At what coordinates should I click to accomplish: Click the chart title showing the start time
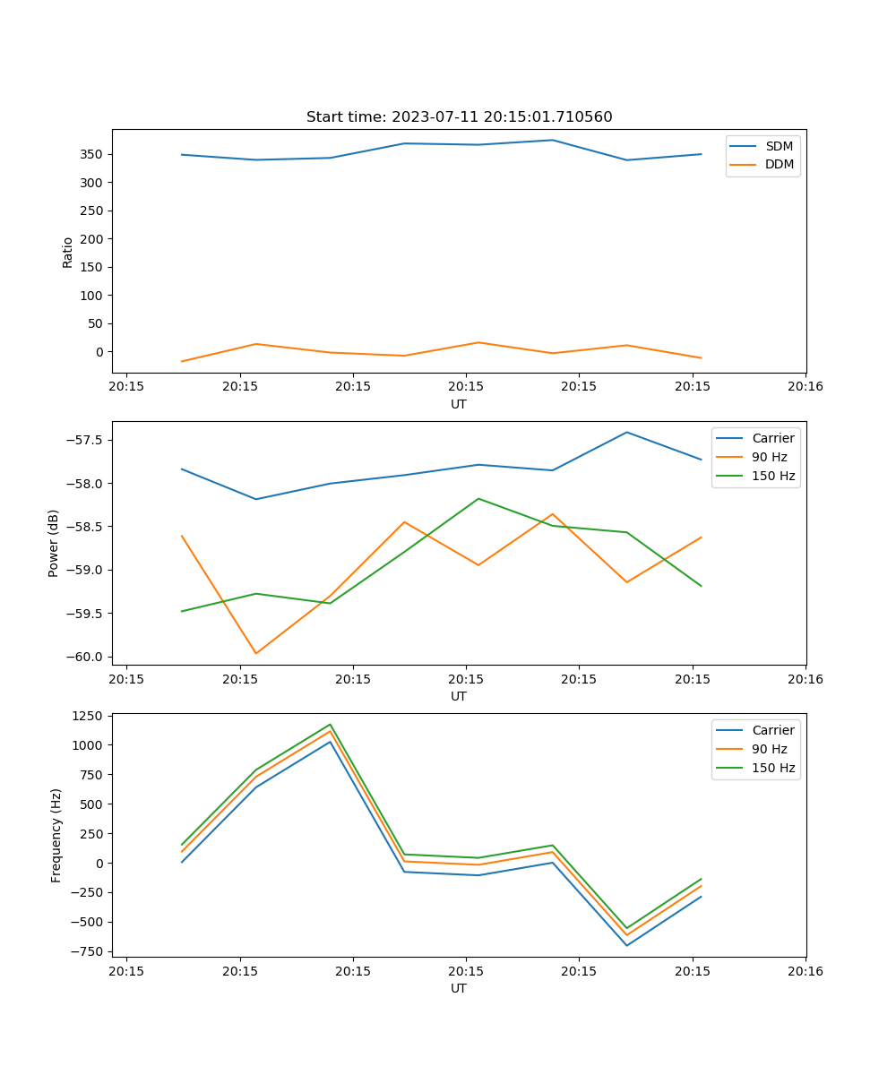click(x=459, y=117)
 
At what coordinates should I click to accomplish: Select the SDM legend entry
click(x=779, y=146)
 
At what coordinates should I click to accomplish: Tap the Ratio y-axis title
click(x=68, y=252)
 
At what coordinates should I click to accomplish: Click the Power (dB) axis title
click(x=54, y=543)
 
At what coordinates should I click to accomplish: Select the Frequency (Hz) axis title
click(x=56, y=835)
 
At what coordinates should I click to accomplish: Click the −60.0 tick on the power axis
click(x=86, y=657)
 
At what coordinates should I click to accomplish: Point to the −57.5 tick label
click(x=86, y=440)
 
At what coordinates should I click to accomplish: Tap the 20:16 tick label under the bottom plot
click(x=805, y=970)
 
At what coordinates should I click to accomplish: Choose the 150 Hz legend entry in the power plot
click(x=773, y=476)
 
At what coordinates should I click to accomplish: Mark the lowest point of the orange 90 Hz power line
click(x=256, y=653)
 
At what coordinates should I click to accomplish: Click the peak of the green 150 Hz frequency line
click(x=331, y=725)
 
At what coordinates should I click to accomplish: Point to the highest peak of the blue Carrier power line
click(x=627, y=433)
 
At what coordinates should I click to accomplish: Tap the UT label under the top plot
click(x=459, y=404)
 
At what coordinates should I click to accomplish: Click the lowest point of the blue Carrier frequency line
click(x=627, y=945)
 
